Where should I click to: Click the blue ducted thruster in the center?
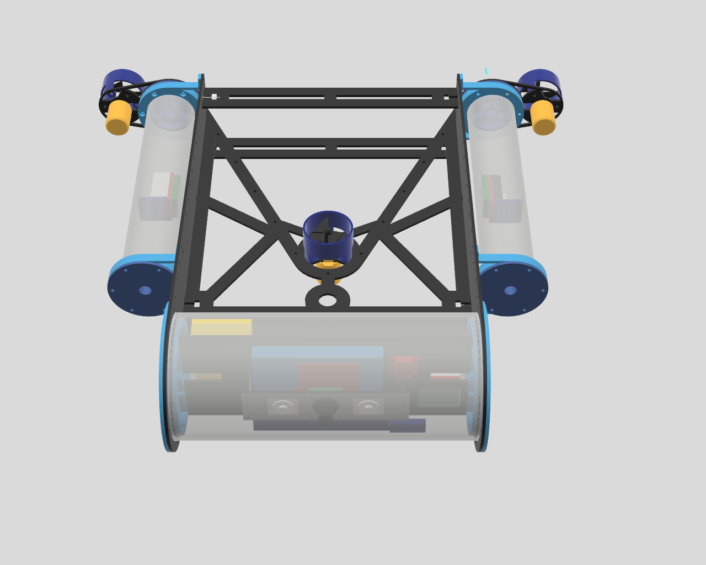328,236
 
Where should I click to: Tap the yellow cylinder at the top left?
119,118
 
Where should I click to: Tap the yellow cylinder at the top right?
543,118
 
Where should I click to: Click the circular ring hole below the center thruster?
328,300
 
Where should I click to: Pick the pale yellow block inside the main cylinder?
221,327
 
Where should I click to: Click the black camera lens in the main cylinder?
325,407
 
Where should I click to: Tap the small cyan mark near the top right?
486,71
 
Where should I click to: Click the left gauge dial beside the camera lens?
283,407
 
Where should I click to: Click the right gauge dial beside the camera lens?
368,407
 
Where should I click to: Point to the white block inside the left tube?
161,185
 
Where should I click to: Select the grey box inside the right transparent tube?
506,211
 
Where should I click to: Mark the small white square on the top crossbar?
214,97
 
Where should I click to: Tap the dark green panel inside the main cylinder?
439,397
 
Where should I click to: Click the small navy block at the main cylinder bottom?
408,426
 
